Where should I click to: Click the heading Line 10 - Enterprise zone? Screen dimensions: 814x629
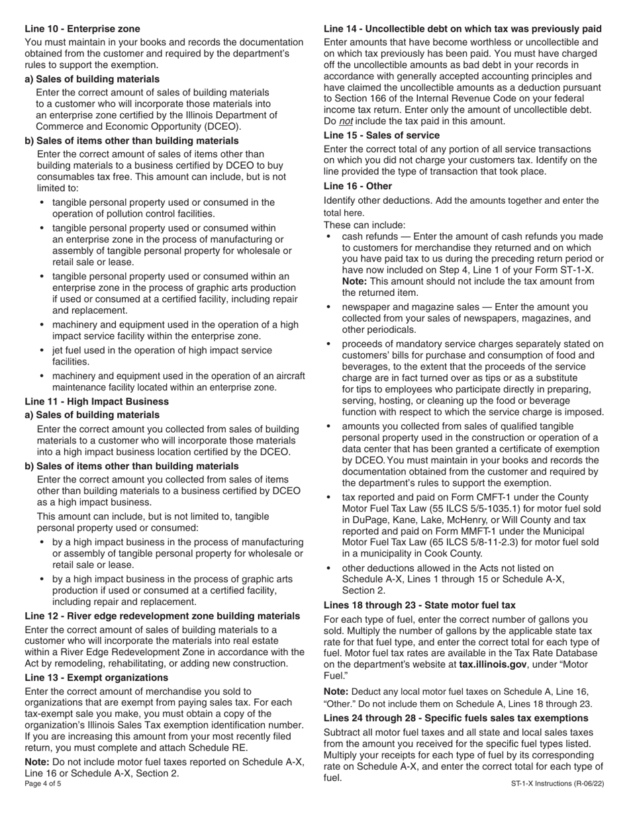82,28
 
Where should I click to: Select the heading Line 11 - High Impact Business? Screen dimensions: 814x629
97,402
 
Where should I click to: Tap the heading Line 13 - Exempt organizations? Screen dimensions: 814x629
96,678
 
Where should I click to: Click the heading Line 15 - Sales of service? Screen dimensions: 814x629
381,135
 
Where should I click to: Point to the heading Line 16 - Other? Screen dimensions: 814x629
358,186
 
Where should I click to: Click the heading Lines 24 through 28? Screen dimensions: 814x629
456,718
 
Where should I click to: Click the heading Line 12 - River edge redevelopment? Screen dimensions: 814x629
162,616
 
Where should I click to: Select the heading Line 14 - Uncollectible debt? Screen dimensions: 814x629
462,28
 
